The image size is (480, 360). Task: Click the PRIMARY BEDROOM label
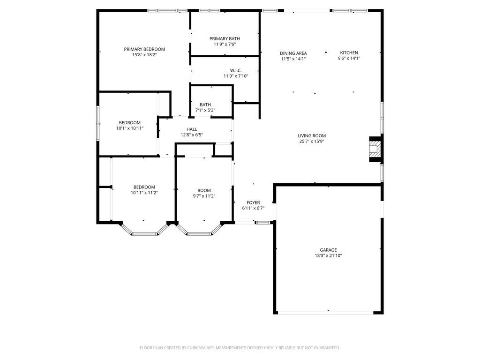pos(144,49)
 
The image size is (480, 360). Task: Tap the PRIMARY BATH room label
pos(225,38)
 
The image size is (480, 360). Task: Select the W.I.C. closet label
pos(236,70)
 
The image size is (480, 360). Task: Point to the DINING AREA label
pos(293,53)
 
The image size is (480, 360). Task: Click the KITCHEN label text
pos(349,52)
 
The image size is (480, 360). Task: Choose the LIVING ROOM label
pos(312,135)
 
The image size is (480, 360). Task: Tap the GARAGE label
pos(328,250)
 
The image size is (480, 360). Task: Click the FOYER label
pos(253,202)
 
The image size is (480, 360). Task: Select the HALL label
pos(192,129)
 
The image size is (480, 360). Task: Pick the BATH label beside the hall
pos(205,105)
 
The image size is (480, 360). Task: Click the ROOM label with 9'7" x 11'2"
pos(204,190)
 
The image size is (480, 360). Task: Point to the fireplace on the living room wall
pos(375,149)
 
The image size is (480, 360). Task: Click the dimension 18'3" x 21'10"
pos(328,255)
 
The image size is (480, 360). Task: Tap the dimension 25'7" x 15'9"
pos(312,142)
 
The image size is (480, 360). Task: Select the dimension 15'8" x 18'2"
pos(144,55)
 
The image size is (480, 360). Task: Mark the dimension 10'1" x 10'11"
pos(129,128)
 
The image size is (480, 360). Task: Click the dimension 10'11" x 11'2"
pos(144,193)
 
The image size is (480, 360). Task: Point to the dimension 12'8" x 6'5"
pos(192,135)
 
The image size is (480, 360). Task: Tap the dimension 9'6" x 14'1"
pos(349,58)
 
